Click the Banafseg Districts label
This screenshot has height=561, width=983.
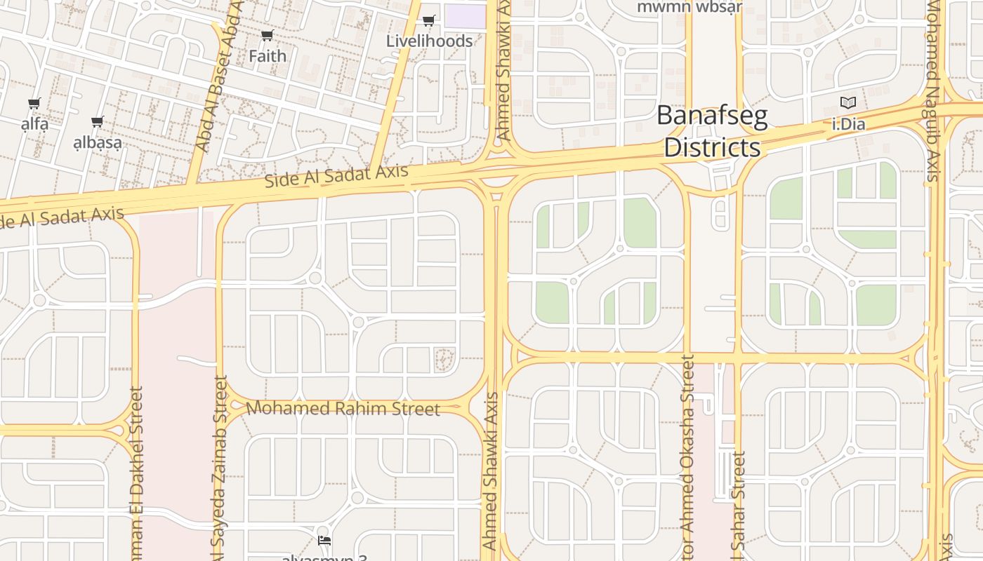(712, 132)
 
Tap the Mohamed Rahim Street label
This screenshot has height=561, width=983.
(343, 408)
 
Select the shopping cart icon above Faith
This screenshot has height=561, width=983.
(267, 36)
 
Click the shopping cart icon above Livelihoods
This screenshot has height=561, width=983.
(429, 21)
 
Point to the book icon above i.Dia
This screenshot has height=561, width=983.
(848, 103)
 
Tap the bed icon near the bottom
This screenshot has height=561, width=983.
(324, 541)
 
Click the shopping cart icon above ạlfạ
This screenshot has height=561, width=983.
(34, 104)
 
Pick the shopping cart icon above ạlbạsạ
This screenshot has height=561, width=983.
(98, 122)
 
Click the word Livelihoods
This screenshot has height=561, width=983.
(430, 41)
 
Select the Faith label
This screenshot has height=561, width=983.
(268, 56)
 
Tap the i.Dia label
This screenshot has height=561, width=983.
(848, 125)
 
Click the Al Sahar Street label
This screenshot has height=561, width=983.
(739, 505)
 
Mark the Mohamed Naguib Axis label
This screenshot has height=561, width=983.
(933, 91)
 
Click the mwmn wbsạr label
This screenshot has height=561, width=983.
(690, 7)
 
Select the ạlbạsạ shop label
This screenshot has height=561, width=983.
(98, 142)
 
